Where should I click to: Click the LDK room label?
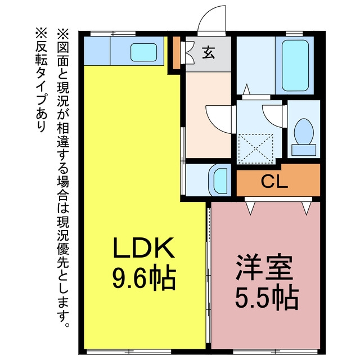143,247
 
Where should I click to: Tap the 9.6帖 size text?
145,277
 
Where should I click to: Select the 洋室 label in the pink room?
264,267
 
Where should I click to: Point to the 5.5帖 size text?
267,297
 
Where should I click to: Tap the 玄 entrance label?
209,52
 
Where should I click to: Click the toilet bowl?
304,132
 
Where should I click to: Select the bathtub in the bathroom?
295,66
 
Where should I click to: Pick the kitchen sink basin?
144,52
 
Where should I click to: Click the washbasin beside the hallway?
220,180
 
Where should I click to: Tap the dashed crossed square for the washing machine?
256,148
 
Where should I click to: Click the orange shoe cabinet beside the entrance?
176,53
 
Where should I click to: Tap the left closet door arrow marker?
250,208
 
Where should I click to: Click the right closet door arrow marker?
307,208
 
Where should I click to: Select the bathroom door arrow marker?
247,89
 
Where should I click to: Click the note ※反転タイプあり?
41,79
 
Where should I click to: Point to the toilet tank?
304,150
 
